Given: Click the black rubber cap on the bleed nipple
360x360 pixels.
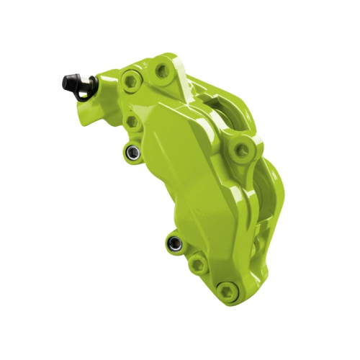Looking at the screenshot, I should tap(72, 80).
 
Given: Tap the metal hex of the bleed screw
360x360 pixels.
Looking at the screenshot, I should tap(81, 88).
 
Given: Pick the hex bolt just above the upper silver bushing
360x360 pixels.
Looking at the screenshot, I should tap(132, 123).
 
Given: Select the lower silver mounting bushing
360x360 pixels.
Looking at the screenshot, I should tap(173, 243).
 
